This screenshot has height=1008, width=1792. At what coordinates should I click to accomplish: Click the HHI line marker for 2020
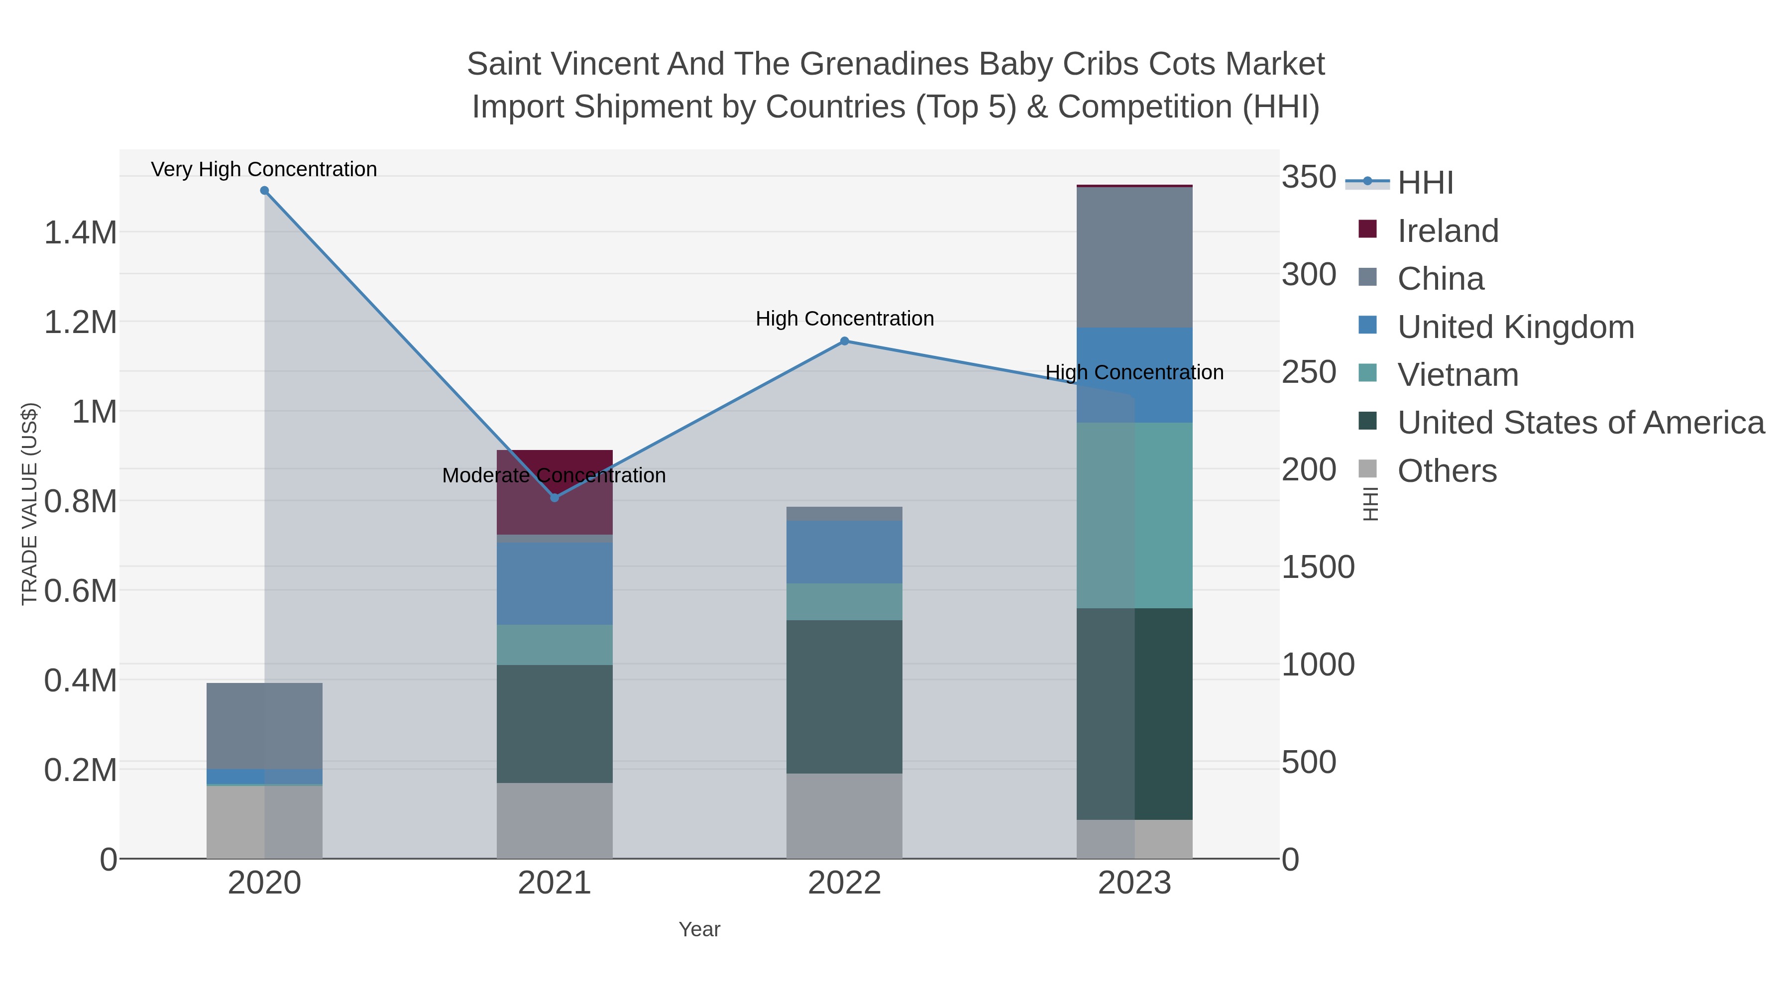264,191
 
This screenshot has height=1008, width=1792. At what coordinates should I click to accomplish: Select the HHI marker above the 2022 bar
845,341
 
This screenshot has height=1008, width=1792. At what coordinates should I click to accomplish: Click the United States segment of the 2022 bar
845,696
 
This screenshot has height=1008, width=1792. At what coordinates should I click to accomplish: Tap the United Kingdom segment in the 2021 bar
555,584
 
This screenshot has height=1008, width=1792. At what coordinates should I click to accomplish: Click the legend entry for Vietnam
1457,375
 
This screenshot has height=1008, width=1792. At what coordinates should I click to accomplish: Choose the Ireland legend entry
1448,231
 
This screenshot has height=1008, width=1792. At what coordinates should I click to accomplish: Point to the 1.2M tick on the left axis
81,323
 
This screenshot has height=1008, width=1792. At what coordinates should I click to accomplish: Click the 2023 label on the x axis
1134,884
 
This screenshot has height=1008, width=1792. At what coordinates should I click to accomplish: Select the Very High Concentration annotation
264,169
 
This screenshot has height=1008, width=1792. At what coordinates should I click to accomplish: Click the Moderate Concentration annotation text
555,475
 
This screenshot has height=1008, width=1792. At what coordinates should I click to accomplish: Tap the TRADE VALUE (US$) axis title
30,504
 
